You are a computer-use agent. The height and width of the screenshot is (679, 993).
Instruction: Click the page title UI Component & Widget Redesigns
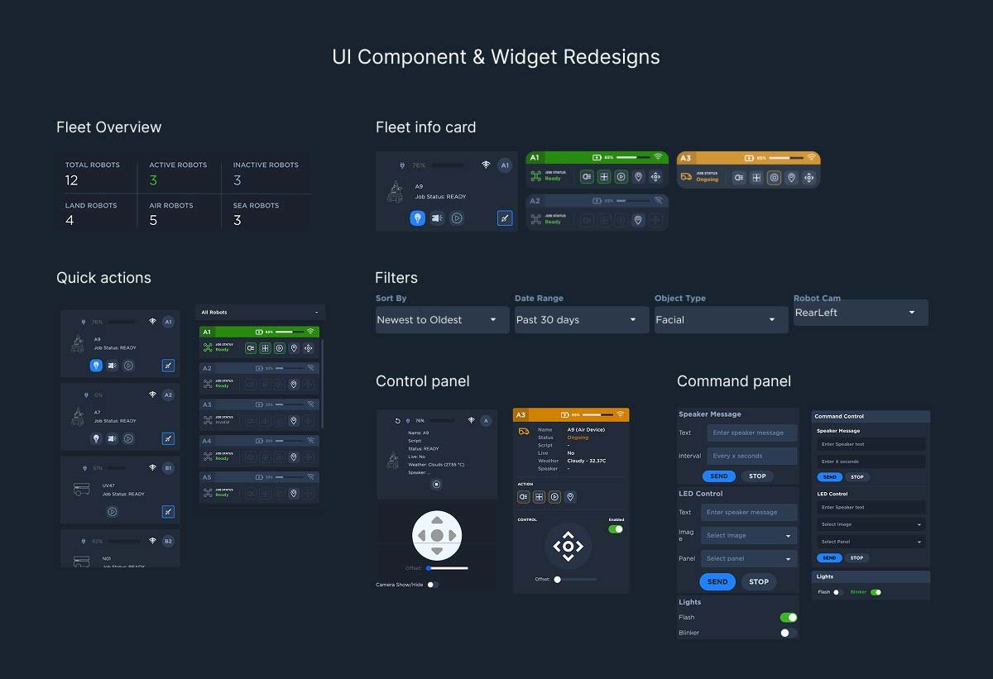[x=496, y=57]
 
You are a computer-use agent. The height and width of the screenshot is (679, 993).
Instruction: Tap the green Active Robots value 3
[x=153, y=180]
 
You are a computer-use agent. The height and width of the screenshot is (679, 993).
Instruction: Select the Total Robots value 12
[x=71, y=180]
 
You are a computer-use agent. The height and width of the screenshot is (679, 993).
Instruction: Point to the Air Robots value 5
[x=153, y=221]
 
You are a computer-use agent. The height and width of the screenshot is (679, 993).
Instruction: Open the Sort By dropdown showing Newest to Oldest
[x=442, y=320]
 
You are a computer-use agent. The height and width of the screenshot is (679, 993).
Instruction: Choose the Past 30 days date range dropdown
[x=581, y=320]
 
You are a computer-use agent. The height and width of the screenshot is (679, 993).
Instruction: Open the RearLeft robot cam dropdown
[x=860, y=313]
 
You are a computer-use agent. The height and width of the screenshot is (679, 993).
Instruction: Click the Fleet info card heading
[x=425, y=127]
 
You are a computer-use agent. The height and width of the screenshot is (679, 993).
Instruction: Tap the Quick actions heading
[x=103, y=278]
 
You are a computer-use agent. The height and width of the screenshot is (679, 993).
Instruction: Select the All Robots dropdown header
[x=260, y=313]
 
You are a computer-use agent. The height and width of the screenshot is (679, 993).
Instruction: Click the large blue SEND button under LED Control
[x=717, y=581]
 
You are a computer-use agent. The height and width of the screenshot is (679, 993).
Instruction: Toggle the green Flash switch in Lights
[x=789, y=617]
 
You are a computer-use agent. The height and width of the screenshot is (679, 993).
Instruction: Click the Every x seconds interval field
[x=751, y=456]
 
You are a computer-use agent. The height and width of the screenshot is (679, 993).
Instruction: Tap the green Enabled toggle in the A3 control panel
[x=615, y=529]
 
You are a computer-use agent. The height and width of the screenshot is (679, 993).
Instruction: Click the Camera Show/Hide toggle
[x=432, y=585]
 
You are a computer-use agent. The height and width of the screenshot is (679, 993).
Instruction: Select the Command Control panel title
[x=841, y=417]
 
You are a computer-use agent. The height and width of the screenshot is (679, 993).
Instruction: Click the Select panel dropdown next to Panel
[x=749, y=558]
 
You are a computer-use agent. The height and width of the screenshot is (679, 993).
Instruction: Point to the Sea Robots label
[x=256, y=206]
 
